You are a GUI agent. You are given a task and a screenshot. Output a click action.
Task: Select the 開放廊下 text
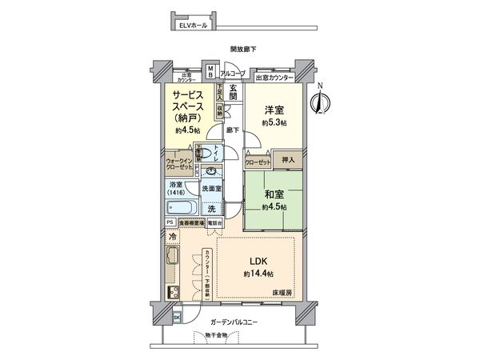coord(243,50)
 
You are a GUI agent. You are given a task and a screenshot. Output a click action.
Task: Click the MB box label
coord(210,73)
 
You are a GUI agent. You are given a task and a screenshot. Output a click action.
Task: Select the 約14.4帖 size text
coord(257,274)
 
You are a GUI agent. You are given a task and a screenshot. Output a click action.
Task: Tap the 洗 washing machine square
coord(211,209)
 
